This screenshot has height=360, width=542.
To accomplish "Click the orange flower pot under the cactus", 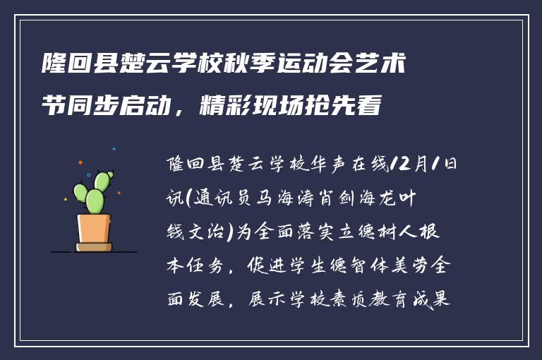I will tap(94, 228).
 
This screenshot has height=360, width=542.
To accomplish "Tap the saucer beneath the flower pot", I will tap(94, 247).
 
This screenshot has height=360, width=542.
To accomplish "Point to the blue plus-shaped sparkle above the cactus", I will tap(114, 149).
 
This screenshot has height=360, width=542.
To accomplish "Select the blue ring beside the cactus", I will tap(88, 174).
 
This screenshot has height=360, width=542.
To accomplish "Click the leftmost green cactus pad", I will tap(80, 192).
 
